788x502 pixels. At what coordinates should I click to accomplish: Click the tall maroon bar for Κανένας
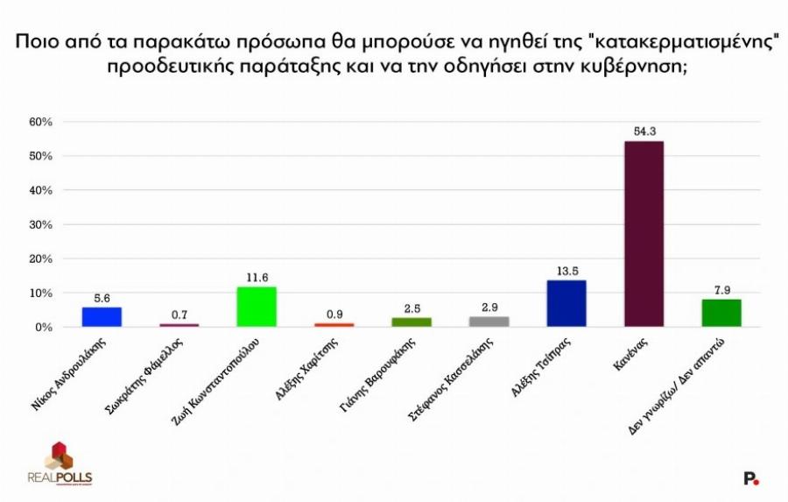tap(644, 234)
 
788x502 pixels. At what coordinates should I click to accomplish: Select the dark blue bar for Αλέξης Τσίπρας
tap(566, 303)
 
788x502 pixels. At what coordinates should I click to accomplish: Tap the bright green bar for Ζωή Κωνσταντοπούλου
tap(257, 307)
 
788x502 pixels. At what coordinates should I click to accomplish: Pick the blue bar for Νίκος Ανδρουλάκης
tap(102, 316)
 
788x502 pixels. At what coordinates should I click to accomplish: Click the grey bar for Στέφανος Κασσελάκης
tap(489, 322)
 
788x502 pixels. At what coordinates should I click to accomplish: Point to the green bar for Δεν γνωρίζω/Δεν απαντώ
tap(721, 313)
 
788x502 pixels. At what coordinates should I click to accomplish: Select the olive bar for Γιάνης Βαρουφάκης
tap(411, 322)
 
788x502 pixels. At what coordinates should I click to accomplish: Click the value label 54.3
tap(644, 131)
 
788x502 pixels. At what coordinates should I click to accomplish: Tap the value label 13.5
tap(566, 271)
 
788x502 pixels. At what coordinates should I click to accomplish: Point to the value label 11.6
tap(257, 277)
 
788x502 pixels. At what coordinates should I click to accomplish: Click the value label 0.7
tap(179, 315)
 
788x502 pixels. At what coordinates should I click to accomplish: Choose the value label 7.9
tap(721, 290)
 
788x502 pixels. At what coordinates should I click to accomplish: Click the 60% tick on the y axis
tap(40, 122)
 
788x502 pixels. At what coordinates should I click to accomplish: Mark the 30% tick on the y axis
tap(40, 224)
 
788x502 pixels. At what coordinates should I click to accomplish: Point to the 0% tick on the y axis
tap(44, 327)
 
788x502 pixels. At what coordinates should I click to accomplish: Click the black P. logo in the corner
tap(750, 477)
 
